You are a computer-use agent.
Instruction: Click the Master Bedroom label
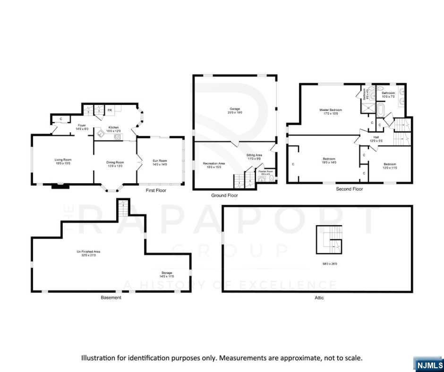click(331, 110)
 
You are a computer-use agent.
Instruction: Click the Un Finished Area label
click(89, 252)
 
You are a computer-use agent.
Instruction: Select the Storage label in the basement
click(166, 272)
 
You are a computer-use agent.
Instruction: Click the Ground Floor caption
click(224, 195)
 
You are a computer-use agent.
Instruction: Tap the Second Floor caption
click(350, 189)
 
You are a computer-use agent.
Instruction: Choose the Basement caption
click(111, 298)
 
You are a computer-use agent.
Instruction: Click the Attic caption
click(319, 298)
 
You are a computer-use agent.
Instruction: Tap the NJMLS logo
click(428, 364)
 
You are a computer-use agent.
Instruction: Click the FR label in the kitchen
click(110, 110)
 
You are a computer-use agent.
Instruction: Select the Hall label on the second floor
click(376, 137)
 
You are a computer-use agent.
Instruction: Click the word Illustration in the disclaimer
click(98, 358)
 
